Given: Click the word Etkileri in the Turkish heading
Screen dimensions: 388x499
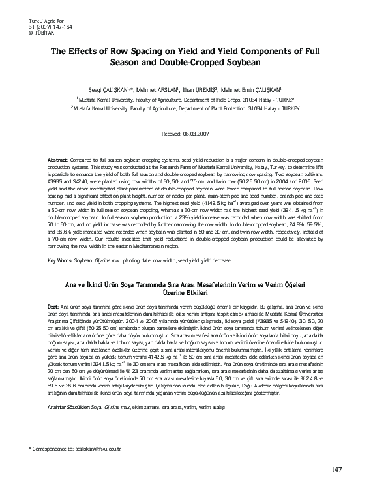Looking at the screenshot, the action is (x=211, y=294).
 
